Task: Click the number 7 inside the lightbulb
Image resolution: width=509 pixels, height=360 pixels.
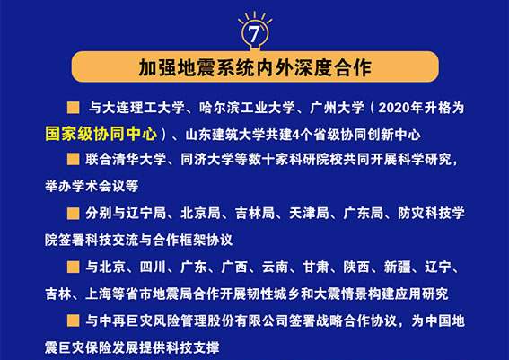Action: [254, 34]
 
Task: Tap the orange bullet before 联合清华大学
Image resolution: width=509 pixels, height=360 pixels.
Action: [74, 160]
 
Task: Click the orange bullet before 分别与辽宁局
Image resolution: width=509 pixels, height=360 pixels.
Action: [74, 214]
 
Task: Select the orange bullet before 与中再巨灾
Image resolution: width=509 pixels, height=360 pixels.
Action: [74, 320]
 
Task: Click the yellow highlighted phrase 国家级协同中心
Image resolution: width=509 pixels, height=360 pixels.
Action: [101, 134]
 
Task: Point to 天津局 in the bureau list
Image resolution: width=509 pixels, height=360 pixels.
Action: [309, 214]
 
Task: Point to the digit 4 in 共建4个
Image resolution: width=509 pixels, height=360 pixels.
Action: [296, 136]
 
